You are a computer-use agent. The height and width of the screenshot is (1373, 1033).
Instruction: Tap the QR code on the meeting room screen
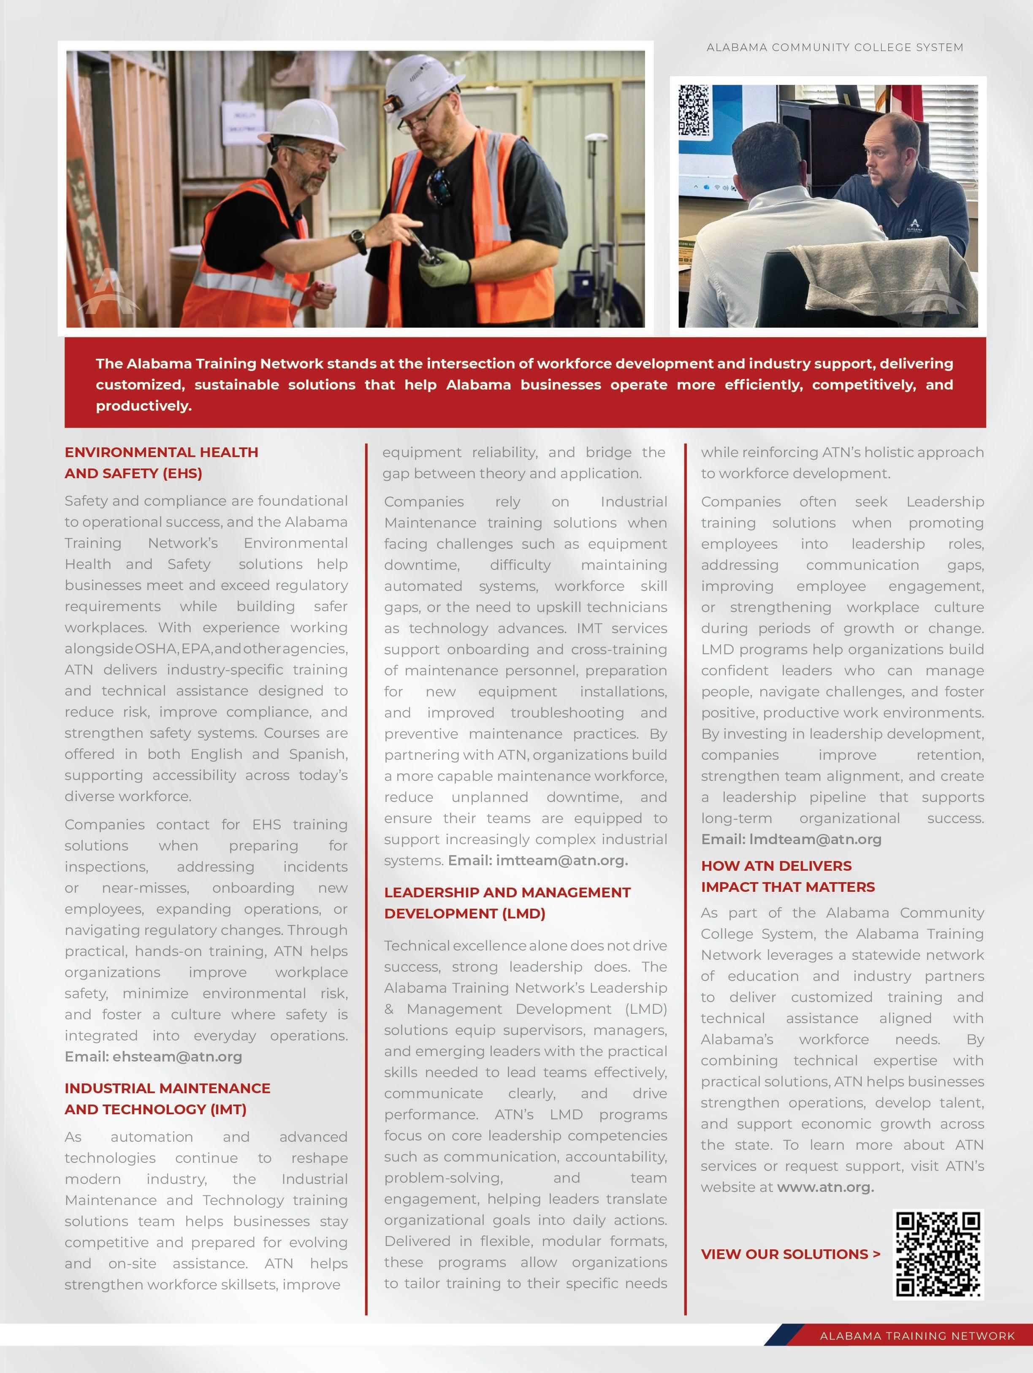[694, 111]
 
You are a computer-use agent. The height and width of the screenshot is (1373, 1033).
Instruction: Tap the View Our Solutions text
[790, 1254]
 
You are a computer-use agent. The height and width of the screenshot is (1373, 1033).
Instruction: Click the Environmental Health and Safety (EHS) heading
[161, 463]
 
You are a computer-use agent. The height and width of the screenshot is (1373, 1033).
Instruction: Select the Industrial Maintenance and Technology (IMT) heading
[168, 1099]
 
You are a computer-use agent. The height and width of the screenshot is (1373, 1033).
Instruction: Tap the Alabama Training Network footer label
[917, 1336]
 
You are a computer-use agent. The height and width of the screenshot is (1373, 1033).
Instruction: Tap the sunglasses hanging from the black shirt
[440, 186]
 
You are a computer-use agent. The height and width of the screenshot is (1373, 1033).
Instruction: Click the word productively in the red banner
[144, 406]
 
